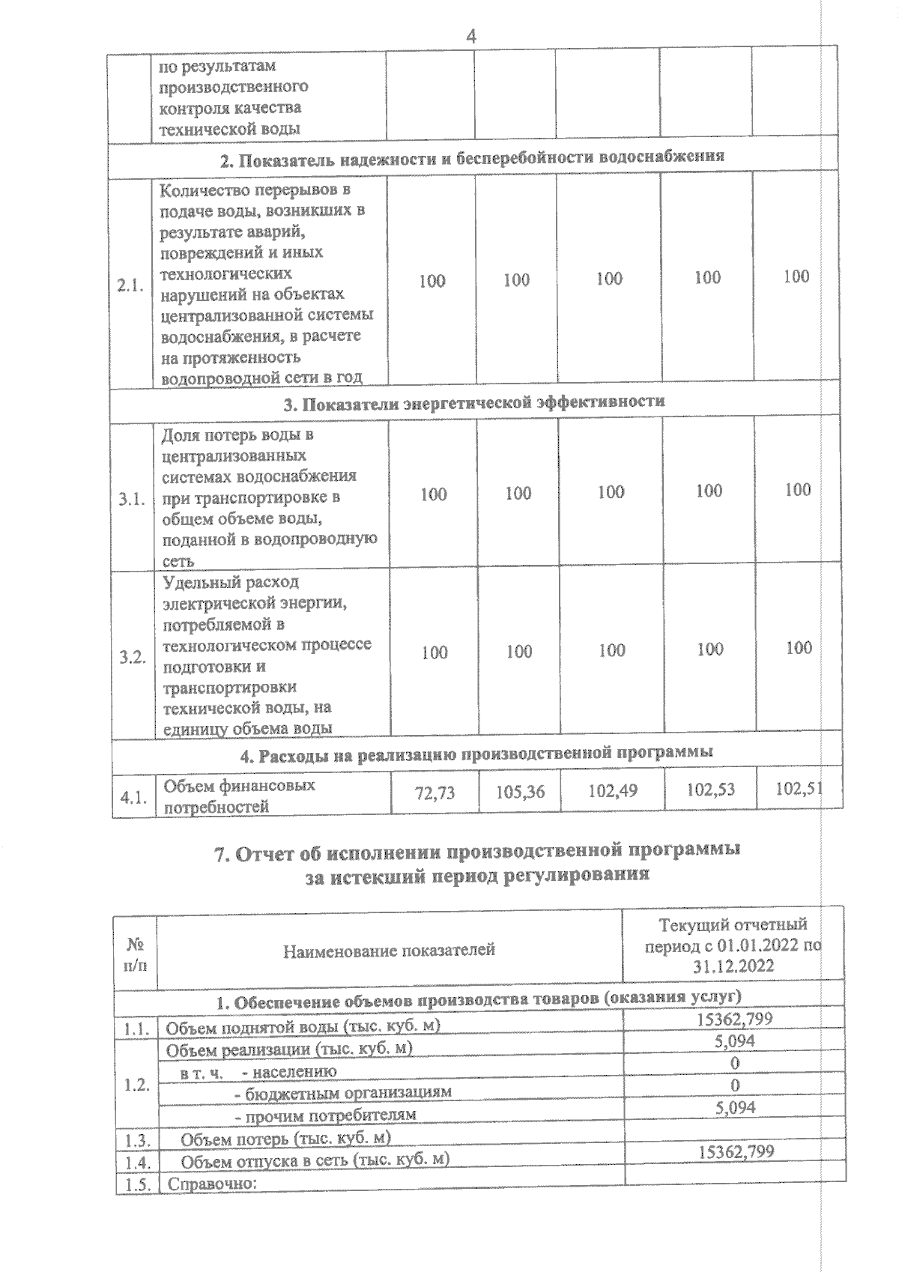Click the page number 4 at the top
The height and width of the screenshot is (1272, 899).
click(x=471, y=36)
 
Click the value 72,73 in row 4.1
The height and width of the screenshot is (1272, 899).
click(x=435, y=793)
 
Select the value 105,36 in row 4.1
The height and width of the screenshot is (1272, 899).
click(x=520, y=792)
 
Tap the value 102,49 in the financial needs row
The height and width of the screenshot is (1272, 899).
click(x=613, y=790)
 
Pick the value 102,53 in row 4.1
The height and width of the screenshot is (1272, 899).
click(x=709, y=789)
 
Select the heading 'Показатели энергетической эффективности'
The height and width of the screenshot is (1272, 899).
click(x=473, y=402)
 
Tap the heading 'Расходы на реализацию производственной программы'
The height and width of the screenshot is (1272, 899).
click(x=476, y=753)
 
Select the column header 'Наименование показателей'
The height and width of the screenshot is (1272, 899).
click(x=389, y=951)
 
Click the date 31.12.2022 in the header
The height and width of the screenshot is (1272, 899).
click(x=733, y=967)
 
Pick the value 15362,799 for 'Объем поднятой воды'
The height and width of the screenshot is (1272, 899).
click(x=734, y=1018)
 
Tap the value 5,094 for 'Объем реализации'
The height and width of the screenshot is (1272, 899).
click(x=735, y=1041)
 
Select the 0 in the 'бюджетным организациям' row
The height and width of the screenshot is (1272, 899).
click(x=735, y=1085)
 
